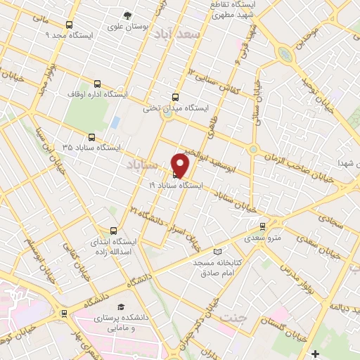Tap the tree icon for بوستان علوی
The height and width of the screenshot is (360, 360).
click(x=127, y=15)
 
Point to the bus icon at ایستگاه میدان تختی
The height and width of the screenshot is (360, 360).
click(x=175, y=98)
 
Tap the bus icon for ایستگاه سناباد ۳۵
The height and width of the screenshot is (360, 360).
click(x=91, y=138)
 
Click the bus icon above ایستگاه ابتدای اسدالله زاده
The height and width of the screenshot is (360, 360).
click(x=114, y=230)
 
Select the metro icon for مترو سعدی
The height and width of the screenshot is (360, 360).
click(x=262, y=226)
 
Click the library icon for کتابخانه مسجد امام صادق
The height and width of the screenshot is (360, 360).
click(x=217, y=252)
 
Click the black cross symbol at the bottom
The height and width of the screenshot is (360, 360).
click(x=315, y=353)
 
